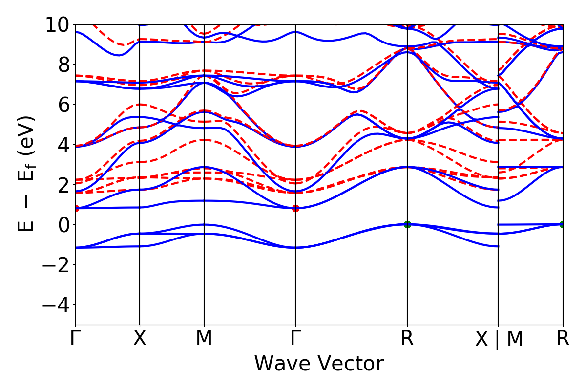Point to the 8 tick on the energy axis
(x=63, y=65)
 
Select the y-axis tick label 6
(x=63, y=105)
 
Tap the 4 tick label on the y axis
(x=63, y=145)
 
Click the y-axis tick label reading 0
(x=63, y=225)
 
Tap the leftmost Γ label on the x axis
(x=75, y=338)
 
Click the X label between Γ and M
(x=140, y=338)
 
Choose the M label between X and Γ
(x=204, y=338)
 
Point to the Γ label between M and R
(x=295, y=338)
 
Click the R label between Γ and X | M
(x=407, y=338)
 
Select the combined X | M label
(x=499, y=339)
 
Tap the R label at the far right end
(x=563, y=338)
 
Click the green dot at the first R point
(x=407, y=224)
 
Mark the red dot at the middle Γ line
(x=295, y=208)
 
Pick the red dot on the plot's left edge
(x=76, y=208)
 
